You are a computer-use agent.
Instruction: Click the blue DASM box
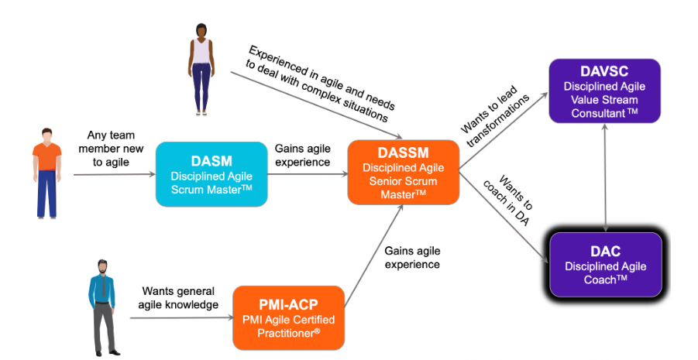click(x=211, y=174)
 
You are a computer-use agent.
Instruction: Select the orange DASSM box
click(x=404, y=172)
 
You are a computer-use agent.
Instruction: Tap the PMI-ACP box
click(x=288, y=317)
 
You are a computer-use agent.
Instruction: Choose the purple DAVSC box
click(x=604, y=91)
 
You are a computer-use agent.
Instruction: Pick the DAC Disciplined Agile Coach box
click(x=606, y=265)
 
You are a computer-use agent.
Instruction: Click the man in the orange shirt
click(x=46, y=173)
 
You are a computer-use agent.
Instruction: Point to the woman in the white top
click(x=201, y=70)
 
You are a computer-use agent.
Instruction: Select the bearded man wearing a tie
click(x=103, y=307)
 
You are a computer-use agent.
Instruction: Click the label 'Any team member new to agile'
click(x=111, y=149)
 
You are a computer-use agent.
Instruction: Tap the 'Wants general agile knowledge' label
click(x=178, y=298)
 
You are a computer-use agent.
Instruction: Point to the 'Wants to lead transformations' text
click(x=494, y=115)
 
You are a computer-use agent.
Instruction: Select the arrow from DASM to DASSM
click(x=308, y=174)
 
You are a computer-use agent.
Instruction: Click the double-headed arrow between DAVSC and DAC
click(x=605, y=177)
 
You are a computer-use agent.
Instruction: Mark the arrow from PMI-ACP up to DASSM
click(x=374, y=256)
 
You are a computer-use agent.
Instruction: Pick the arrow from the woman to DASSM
click(x=317, y=105)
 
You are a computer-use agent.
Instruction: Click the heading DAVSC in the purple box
click(x=604, y=71)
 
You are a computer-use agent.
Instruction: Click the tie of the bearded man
click(x=104, y=285)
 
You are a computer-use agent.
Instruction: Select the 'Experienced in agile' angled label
click(x=321, y=83)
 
